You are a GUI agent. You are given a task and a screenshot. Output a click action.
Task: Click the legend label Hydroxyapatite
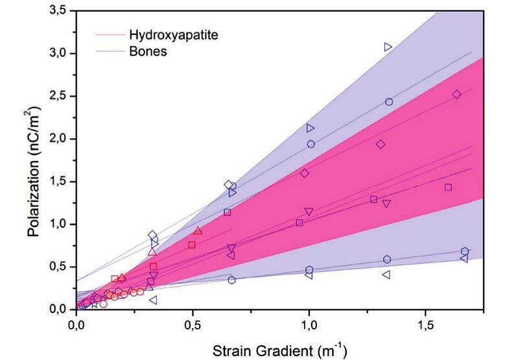(174, 34)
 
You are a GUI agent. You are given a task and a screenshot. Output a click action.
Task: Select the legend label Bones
(148, 51)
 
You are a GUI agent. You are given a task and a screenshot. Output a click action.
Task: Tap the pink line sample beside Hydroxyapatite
(110, 34)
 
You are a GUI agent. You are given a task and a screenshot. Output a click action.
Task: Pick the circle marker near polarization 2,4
(389, 102)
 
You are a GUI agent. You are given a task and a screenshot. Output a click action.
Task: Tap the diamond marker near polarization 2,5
(457, 95)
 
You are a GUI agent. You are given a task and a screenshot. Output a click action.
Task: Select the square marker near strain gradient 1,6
(448, 187)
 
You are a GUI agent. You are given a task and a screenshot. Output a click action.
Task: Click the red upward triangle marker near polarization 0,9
(198, 230)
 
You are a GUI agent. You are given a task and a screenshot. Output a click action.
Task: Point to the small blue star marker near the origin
(95, 305)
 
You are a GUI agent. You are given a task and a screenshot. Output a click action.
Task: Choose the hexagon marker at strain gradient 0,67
(231, 280)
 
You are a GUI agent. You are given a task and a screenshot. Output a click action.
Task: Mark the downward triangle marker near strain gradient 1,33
(386, 204)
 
